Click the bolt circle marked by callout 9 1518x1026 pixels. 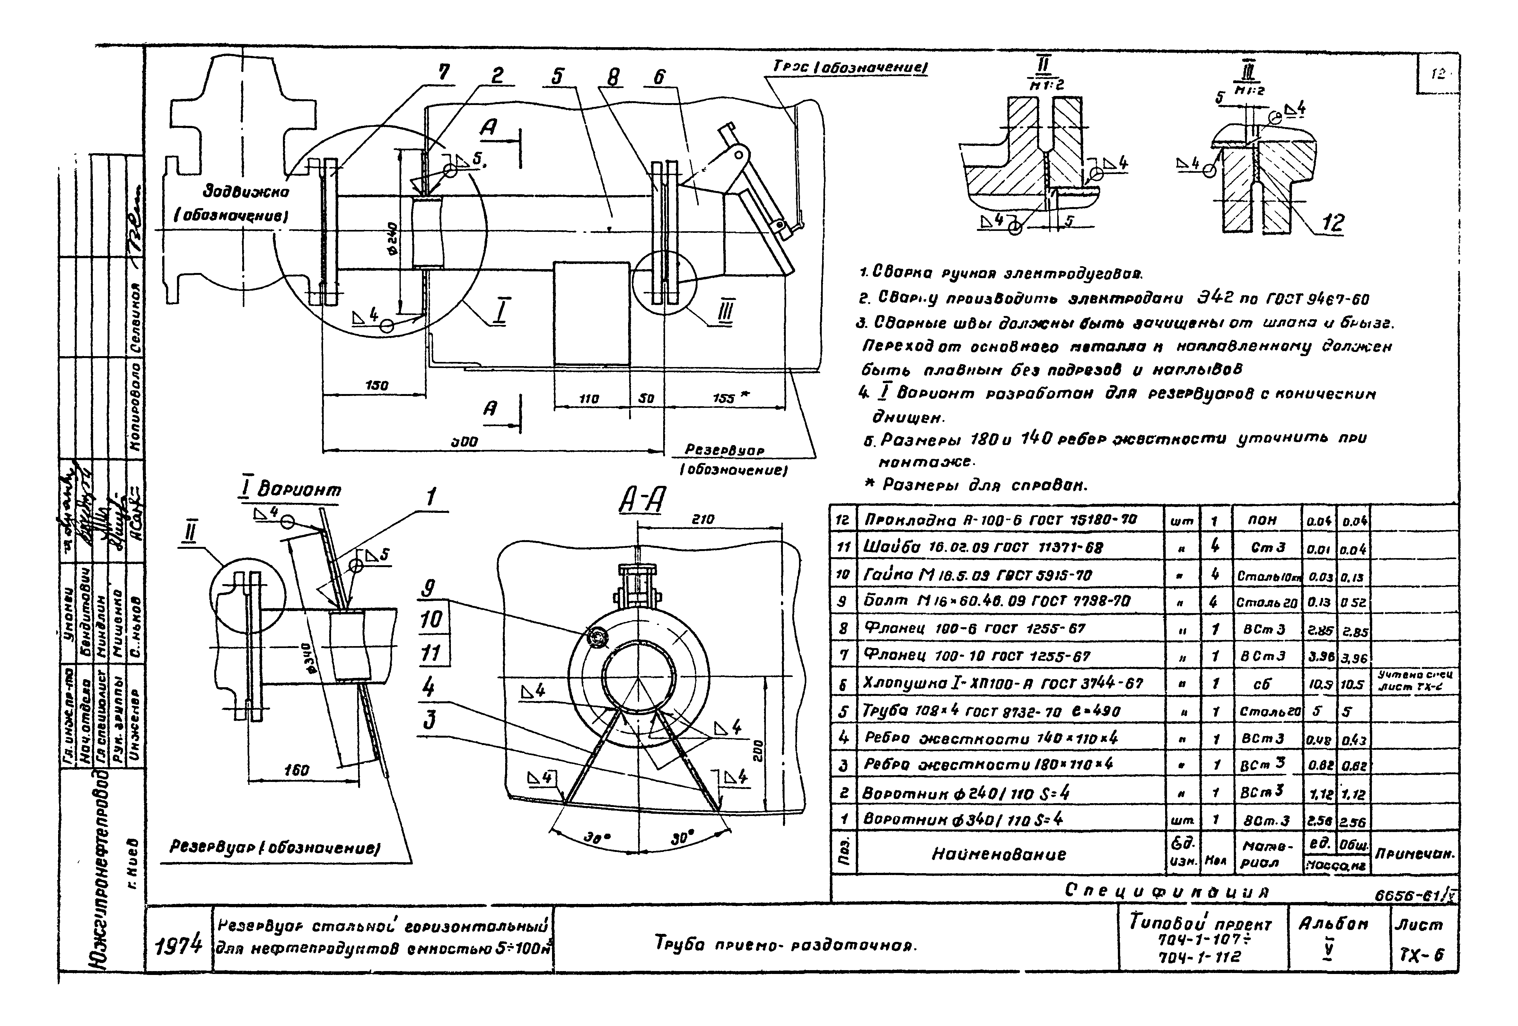(x=596, y=637)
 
